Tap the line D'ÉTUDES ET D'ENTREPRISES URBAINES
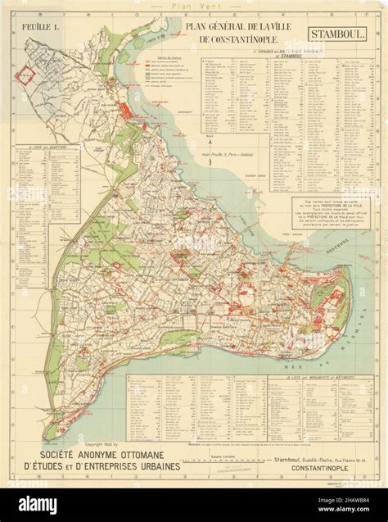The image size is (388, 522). coord(115,467)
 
